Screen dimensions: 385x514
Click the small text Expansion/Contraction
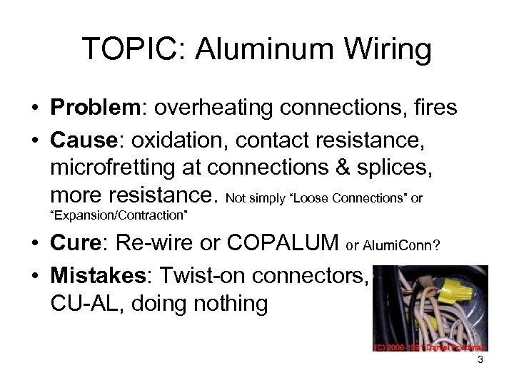(124, 213)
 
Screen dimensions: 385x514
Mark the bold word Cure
(76, 244)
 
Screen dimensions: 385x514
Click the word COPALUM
(283, 244)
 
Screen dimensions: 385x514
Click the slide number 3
(480, 361)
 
